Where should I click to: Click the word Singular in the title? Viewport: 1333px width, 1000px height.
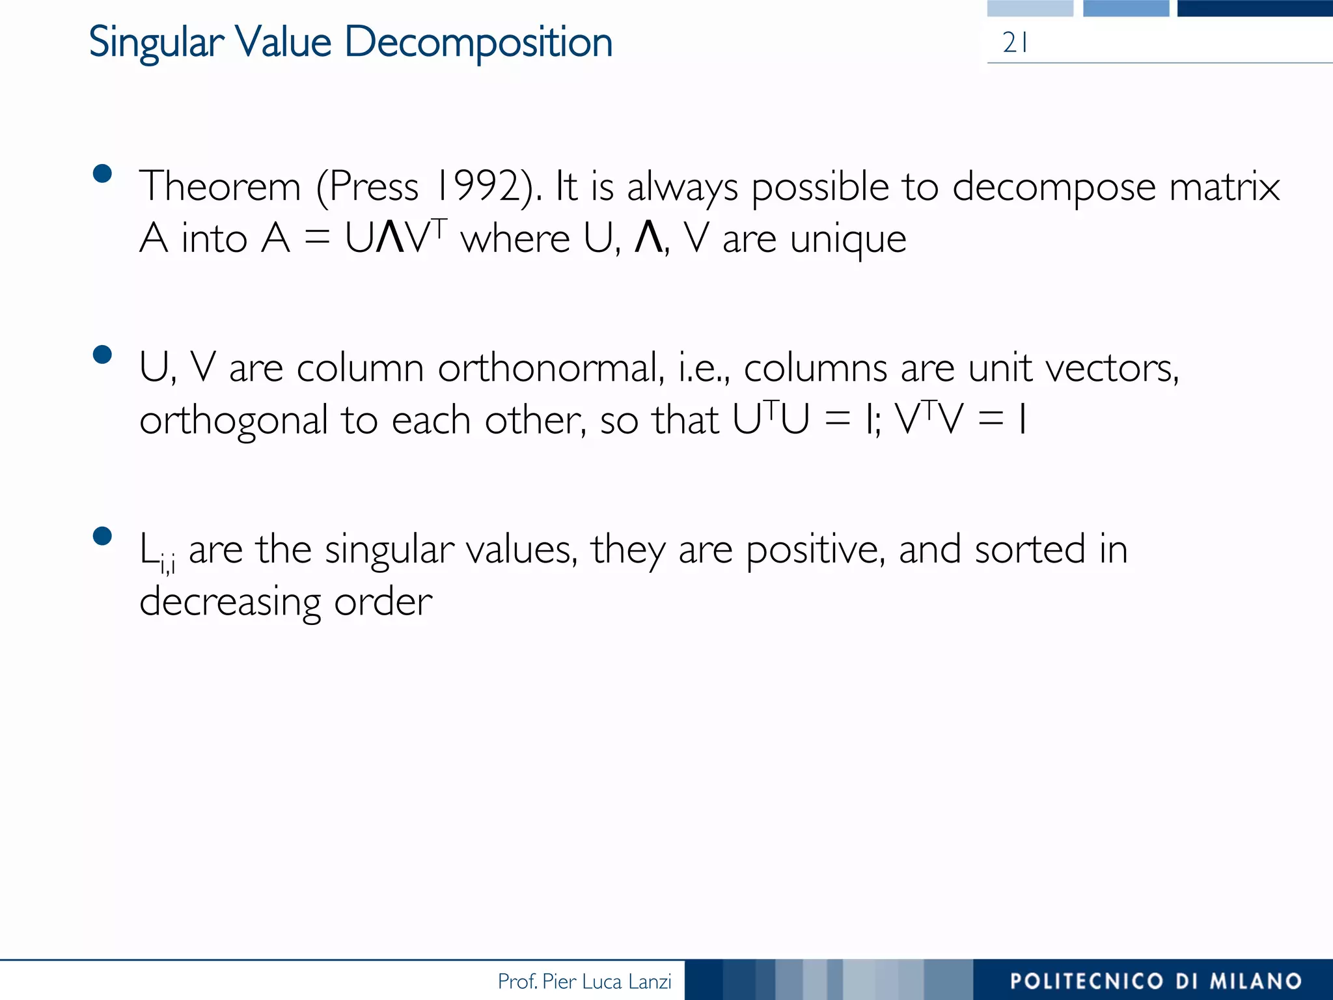156,43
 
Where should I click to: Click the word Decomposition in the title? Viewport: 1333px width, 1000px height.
478,43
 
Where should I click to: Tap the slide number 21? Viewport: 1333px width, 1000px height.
1015,43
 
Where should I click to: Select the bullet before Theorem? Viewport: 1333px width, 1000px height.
103,174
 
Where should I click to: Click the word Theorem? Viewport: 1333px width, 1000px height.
220,187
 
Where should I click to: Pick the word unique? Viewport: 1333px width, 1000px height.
847,239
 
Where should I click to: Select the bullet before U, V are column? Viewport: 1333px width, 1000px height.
103,355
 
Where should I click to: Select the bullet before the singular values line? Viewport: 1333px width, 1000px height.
103,536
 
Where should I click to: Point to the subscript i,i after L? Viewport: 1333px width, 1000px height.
167,564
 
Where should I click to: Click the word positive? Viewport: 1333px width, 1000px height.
815,550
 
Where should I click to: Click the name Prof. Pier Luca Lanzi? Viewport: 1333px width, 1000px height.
584,981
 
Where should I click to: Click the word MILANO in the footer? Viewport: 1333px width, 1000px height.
1256,981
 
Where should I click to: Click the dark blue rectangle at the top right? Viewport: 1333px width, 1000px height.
1254,8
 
